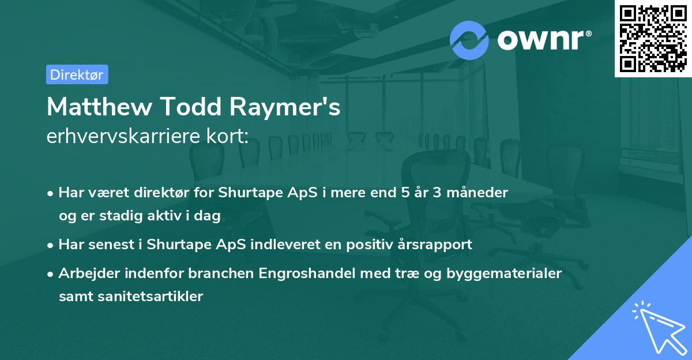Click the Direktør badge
coord(77,74)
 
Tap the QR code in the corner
coord(653,39)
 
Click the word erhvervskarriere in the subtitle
coord(122,137)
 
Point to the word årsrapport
coord(435,245)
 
